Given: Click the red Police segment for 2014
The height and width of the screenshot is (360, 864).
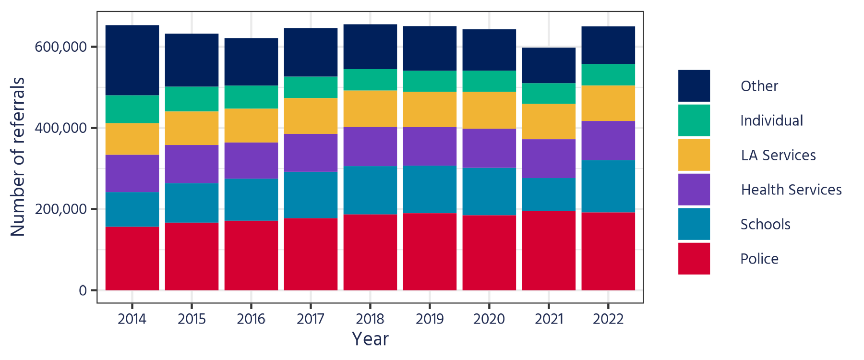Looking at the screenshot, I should (x=132, y=258).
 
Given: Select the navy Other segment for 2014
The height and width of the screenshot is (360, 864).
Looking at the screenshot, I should (x=132, y=60).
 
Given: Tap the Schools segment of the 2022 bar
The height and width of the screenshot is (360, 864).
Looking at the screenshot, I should (x=608, y=186).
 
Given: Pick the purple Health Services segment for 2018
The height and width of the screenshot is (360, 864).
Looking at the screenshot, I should (x=370, y=146).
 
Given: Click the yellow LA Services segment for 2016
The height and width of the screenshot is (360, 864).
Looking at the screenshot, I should (x=251, y=125).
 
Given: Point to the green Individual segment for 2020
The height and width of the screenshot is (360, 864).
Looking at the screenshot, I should (x=489, y=81).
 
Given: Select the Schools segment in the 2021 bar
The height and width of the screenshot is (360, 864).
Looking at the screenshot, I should (x=549, y=194).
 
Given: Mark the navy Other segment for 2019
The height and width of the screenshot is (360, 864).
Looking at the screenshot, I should (x=430, y=48).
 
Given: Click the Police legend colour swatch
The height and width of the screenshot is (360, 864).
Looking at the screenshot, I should (x=694, y=258).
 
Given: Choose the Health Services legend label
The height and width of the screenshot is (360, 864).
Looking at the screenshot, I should (x=791, y=190).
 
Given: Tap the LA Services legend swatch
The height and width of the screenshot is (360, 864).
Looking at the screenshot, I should (x=694, y=155).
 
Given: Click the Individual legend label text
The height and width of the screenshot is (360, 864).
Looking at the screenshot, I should (x=771, y=120).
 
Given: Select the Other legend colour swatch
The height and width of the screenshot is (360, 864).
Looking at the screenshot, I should (x=694, y=86).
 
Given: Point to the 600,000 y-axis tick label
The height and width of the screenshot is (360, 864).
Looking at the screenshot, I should (x=61, y=47).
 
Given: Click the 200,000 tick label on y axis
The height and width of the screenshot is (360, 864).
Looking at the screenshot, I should (x=61, y=209).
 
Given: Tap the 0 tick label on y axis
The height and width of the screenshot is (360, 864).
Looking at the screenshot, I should (x=83, y=290).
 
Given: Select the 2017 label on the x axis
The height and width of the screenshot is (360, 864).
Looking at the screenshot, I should (x=311, y=319).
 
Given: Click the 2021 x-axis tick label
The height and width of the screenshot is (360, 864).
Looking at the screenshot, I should (x=549, y=319).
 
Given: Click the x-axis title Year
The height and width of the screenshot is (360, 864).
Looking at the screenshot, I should (x=370, y=339).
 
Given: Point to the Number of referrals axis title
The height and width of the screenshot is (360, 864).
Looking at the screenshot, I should (x=18, y=156).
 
